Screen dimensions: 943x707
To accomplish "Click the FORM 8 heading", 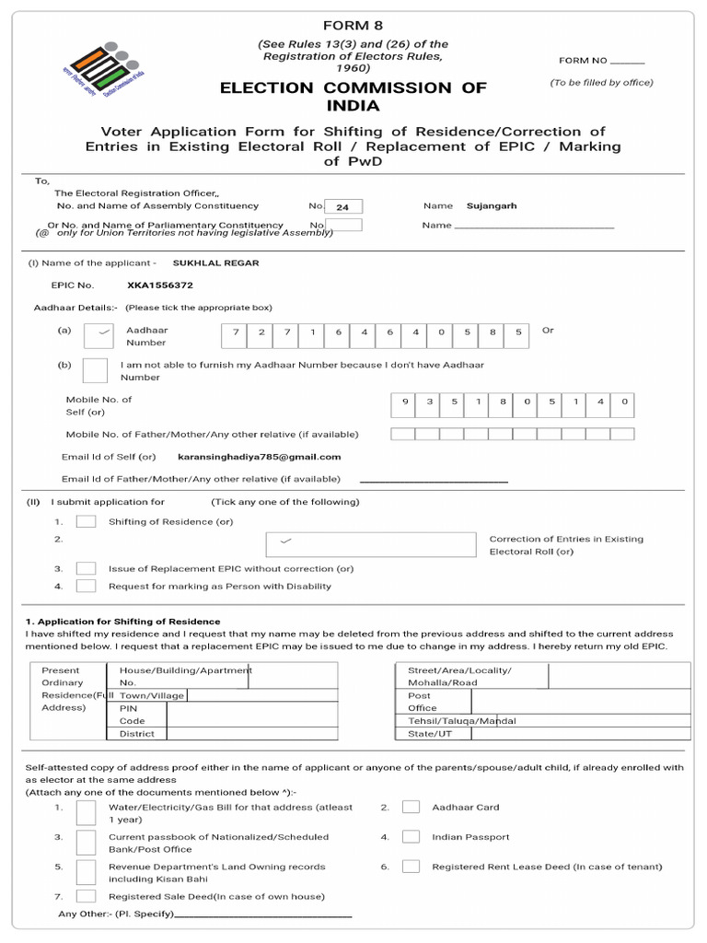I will pos(353,24).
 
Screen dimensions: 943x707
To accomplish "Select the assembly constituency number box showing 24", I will pos(342,207).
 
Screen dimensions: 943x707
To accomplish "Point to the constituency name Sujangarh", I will pos(492,206).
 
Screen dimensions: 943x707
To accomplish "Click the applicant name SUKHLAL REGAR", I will pos(215,262).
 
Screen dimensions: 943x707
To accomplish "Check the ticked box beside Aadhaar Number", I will pos(99,335).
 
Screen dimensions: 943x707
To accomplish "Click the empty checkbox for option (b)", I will pos(95,369).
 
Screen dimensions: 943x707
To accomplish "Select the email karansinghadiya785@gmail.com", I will pos(259,457).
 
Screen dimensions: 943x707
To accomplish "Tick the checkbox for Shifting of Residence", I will pos(86,521).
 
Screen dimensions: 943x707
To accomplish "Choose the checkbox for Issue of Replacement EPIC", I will pos(86,568).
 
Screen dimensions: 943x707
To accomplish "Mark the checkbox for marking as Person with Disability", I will pos(86,586).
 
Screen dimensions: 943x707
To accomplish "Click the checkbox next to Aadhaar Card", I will pos(411,808).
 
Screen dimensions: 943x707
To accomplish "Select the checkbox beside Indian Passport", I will pos(411,837).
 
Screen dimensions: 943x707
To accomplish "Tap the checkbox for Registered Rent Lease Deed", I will pos(411,867).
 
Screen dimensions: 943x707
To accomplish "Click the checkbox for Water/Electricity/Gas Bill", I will pos(86,812).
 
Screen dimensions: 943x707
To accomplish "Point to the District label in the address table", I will pos(137,734).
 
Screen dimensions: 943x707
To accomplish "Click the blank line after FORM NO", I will pos(628,61).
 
